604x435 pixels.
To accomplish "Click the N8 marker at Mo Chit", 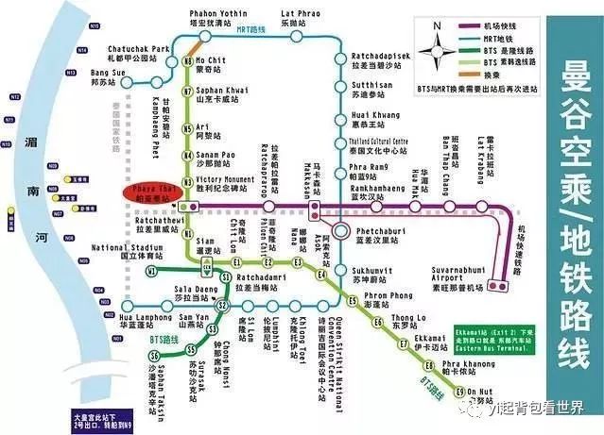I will tap(186, 62).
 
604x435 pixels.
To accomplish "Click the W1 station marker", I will tap(151, 271).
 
